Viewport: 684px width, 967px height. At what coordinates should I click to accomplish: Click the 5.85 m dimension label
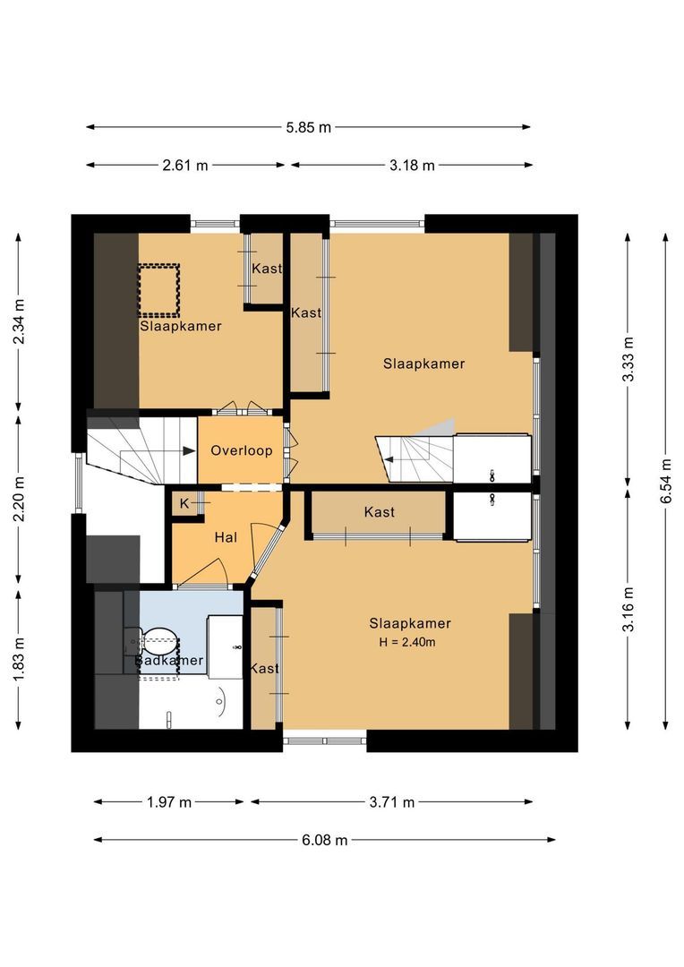(x=309, y=127)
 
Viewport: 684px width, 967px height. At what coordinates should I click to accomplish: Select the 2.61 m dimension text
(x=185, y=165)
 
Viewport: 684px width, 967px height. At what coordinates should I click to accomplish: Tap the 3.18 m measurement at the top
(x=412, y=165)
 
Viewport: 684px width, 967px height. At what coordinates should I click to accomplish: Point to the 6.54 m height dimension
(x=665, y=481)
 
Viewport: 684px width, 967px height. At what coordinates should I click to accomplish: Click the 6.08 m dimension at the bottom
(x=324, y=840)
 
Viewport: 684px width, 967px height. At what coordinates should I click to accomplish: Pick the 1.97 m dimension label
(x=169, y=802)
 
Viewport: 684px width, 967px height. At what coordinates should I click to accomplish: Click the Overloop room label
(x=241, y=450)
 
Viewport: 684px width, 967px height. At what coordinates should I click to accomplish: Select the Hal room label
(x=225, y=537)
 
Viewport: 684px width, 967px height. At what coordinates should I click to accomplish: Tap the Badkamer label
(x=169, y=661)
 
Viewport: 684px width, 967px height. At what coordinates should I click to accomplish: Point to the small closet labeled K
(x=184, y=503)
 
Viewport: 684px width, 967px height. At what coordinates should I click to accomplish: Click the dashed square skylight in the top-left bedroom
(x=159, y=289)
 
